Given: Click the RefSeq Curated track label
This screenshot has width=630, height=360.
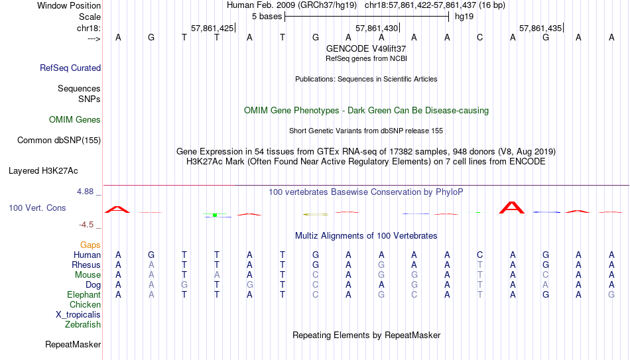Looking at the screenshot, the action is point(70,68).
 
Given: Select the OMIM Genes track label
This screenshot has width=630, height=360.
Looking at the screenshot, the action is point(75,120).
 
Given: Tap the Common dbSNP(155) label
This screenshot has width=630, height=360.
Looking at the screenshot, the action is point(59,141).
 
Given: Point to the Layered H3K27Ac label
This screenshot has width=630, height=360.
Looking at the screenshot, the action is point(43,171).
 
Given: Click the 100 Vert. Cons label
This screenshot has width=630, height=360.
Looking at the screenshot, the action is point(37,208).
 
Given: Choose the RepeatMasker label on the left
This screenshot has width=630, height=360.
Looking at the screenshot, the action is point(73,344).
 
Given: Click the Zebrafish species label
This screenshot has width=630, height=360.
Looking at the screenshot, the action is point(83,324).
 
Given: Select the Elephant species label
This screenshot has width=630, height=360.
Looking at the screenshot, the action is point(84,294).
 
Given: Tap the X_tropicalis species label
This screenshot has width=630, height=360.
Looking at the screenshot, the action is point(78,315).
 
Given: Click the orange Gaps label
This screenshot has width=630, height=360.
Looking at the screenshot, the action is point(90,245).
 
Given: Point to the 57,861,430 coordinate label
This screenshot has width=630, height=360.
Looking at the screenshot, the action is point(377,28).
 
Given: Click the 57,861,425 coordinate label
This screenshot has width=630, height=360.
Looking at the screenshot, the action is point(212,28).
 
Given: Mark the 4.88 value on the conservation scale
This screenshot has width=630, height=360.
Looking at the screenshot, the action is point(85,192).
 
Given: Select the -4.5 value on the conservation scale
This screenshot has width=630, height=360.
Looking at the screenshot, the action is point(86,225).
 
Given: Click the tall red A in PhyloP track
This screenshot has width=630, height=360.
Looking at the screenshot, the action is point(512,208).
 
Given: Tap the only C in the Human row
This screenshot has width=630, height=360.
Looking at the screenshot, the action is point(479,255).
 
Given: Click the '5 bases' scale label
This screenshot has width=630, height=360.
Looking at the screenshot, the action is point(267,17).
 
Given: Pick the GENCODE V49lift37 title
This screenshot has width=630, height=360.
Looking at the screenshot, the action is point(366,48).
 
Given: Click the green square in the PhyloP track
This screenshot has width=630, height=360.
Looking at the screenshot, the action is point(215,215).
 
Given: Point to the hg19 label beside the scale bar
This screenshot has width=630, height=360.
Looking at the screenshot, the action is point(464,17).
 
